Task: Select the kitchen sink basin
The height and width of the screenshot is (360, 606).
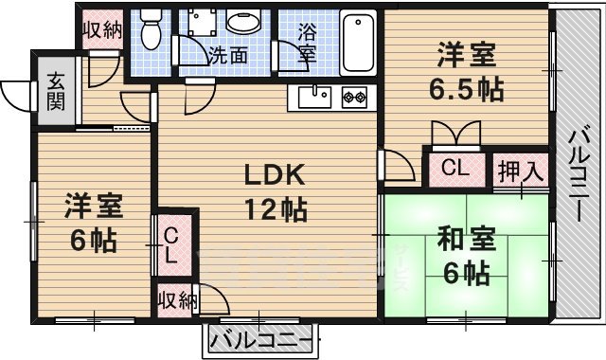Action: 313,97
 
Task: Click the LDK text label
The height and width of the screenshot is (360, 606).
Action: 275,175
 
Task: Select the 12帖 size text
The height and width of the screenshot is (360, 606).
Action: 275,210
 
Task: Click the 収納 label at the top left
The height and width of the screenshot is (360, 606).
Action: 101,28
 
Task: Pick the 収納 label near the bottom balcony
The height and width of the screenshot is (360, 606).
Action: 177,301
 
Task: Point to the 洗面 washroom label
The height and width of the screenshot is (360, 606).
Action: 228,55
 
